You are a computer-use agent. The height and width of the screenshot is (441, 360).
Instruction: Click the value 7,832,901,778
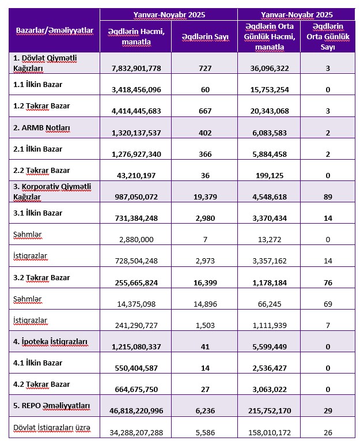[136, 69]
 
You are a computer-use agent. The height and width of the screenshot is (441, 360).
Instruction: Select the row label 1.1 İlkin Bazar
[37, 85]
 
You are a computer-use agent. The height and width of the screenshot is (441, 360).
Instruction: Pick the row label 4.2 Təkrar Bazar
[41, 384]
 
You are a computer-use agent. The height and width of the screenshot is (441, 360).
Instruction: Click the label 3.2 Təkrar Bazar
[41, 277]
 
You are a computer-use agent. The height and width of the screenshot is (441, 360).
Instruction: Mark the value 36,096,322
[269, 69]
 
